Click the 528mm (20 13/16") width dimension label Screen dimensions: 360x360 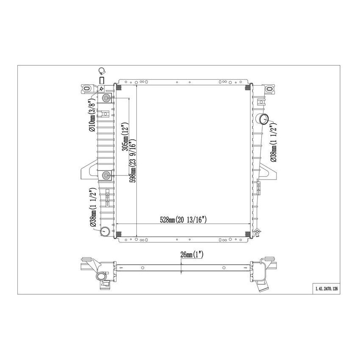pyautogui.click(x=183, y=219)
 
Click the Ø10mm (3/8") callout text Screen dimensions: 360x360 pyautogui.click(x=91, y=116)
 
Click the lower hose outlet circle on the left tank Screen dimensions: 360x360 pyautogui.click(x=105, y=231)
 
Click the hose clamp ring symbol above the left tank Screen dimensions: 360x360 pyautogui.click(x=102, y=71)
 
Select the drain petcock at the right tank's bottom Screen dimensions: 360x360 pyautogui.click(x=257, y=232)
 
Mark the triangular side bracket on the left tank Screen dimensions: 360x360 pyautogui.click(x=89, y=169)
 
